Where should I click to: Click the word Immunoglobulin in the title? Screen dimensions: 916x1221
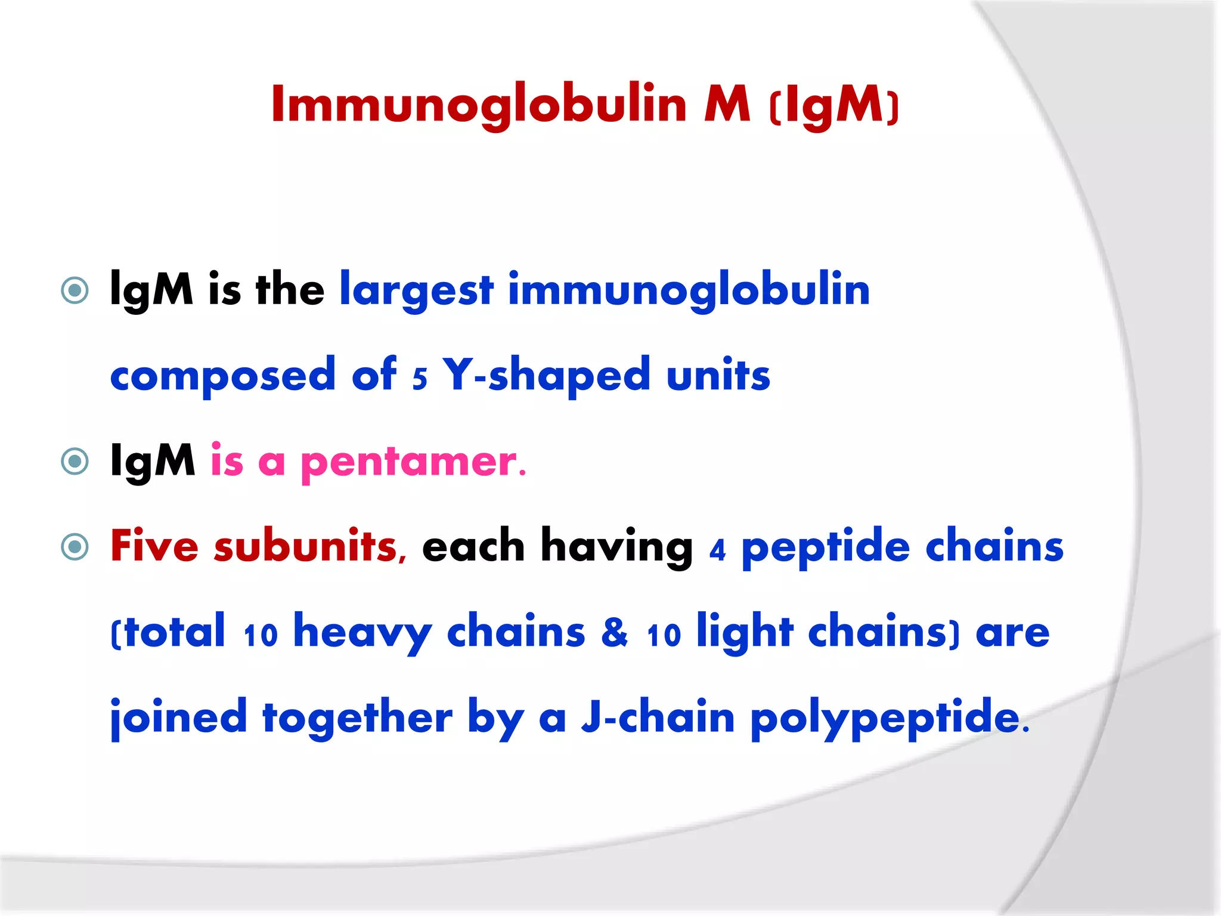(479, 105)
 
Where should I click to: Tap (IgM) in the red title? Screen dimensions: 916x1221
(834, 106)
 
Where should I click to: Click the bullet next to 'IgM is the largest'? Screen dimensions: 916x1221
(75, 291)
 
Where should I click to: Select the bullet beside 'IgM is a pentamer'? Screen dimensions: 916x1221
(75, 461)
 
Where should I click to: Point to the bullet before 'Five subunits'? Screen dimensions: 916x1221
(75, 547)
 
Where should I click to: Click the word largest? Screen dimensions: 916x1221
(417, 291)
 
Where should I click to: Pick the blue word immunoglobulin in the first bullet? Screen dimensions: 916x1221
(689, 291)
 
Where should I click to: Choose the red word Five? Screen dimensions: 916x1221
(154, 546)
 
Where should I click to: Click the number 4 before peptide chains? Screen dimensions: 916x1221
(717, 550)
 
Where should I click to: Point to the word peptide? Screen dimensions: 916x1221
(825, 547)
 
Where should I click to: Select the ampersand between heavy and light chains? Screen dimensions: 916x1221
(615, 632)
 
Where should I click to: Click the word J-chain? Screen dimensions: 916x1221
(658, 717)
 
